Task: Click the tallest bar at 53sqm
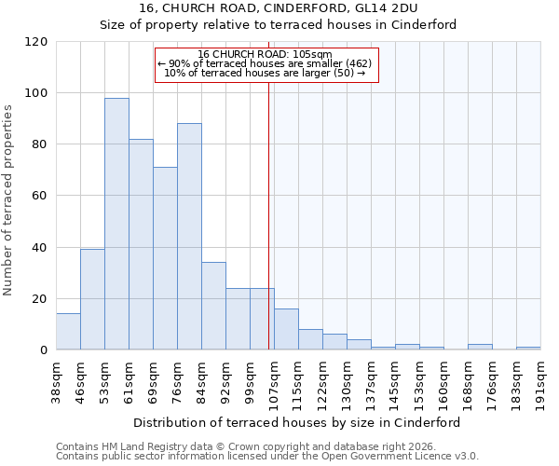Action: click(x=116, y=224)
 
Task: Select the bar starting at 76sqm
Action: click(x=189, y=237)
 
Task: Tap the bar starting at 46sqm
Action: click(x=92, y=299)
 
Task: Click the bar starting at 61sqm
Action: click(x=141, y=244)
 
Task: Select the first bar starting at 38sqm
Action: click(x=68, y=332)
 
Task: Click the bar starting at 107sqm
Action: click(x=286, y=329)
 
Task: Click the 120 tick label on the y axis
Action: click(x=36, y=42)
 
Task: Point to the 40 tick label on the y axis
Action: click(x=40, y=248)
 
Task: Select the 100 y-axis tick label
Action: click(x=36, y=93)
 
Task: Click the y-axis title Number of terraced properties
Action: click(x=9, y=200)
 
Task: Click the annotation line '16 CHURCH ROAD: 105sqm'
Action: click(x=266, y=54)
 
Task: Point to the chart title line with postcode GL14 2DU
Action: click(x=279, y=8)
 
